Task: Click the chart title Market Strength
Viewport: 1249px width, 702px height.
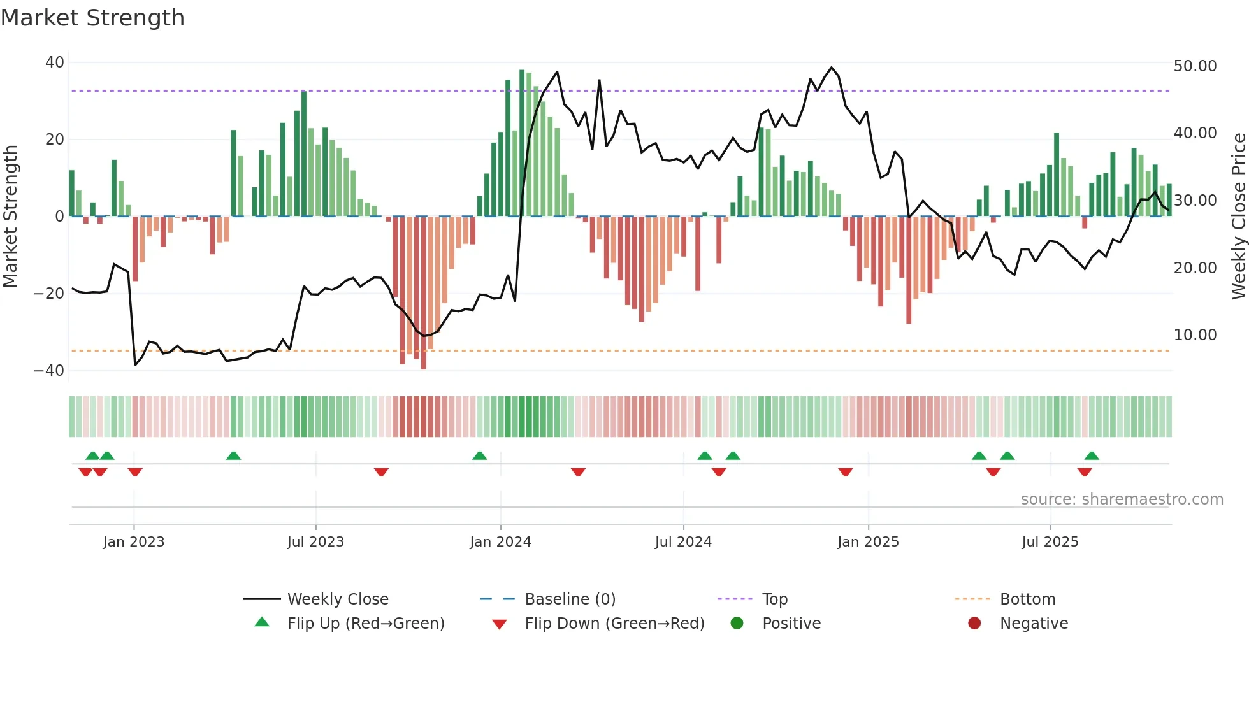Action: [92, 18]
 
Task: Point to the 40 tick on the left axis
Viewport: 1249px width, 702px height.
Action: [54, 62]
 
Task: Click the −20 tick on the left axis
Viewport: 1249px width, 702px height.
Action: [49, 294]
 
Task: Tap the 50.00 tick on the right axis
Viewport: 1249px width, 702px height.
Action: [1195, 66]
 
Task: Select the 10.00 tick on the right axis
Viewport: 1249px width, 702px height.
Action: [1195, 335]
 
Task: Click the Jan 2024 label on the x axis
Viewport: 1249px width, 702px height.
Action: [500, 542]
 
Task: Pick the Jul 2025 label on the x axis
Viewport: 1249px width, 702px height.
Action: [1050, 542]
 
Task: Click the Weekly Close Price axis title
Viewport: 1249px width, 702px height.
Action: [1238, 217]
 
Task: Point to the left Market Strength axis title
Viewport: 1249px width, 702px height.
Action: [10, 217]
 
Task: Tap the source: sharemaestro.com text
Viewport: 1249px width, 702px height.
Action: [1122, 499]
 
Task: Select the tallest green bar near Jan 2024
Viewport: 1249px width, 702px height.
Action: [522, 143]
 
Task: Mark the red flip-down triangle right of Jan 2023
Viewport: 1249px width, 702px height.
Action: [135, 472]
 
